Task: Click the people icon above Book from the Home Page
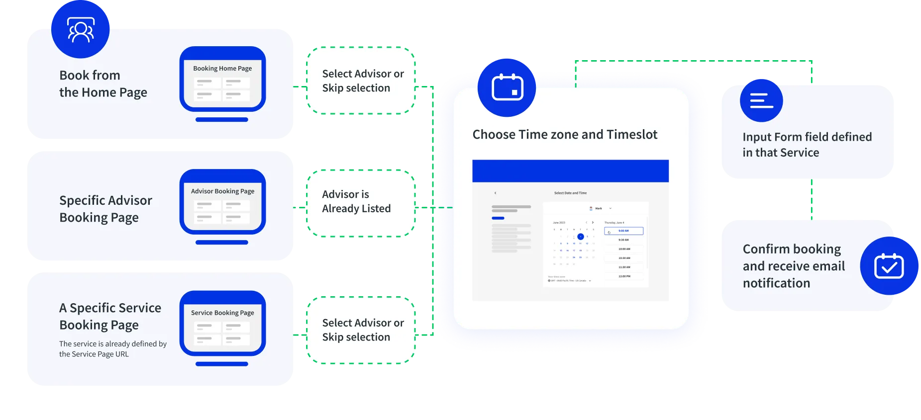(x=81, y=30)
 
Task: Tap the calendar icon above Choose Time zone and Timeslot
(x=507, y=88)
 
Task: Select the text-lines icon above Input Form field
(x=761, y=100)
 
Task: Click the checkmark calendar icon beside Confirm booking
(x=889, y=266)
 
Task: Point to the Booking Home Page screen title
(x=222, y=69)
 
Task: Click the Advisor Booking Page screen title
(x=222, y=191)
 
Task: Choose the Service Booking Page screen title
(x=222, y=313)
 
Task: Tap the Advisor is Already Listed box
(x=361, y=202)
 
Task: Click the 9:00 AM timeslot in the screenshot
(x=623, y=231)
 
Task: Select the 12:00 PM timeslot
(x=624, y=276)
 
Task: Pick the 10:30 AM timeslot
(x=624, y=258)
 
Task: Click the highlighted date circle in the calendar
(x=580, y=237)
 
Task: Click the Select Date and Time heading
(x=570, y=193)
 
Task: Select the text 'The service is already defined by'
(x=113, y=344)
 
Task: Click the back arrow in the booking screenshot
(x=495, y=193)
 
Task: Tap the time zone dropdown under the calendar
(x=570, y=281)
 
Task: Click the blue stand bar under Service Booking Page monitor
(x=222, y=364)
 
